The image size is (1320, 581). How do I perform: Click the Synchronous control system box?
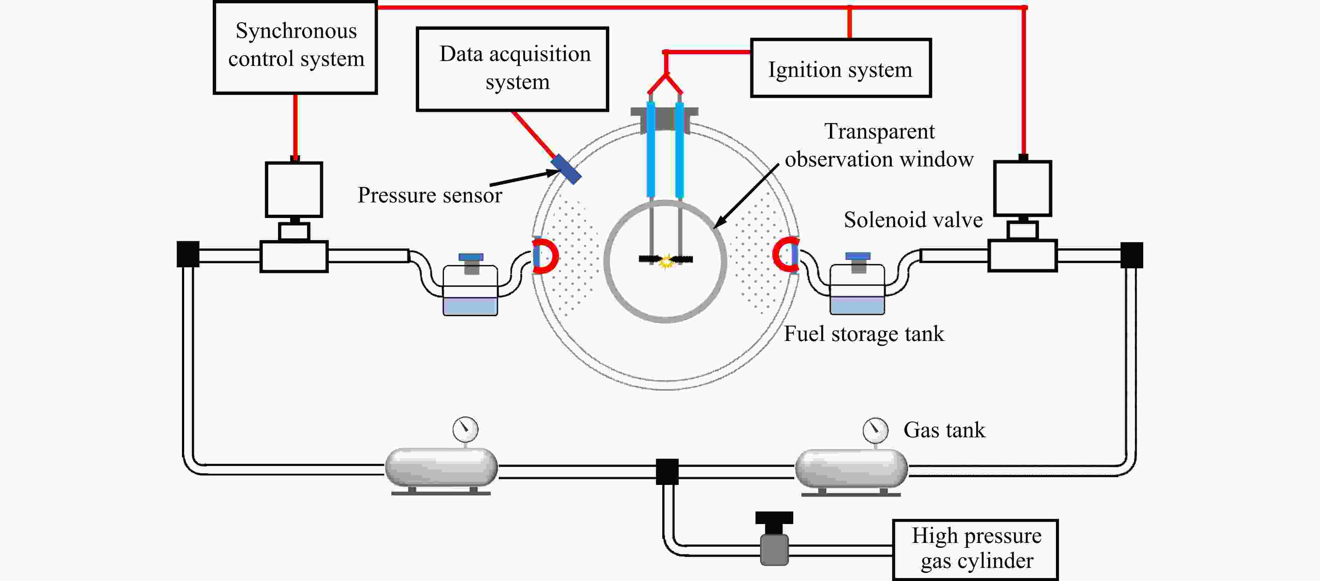(295, 47)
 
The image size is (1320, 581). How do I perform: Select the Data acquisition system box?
(512, 69)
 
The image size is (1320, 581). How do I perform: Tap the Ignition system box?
(840, 68)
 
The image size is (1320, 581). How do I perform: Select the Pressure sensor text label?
(429, 195)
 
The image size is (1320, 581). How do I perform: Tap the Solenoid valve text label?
(913, 220)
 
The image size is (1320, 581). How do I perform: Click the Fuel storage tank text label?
(863, 334)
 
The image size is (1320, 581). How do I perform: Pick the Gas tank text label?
(944, 430)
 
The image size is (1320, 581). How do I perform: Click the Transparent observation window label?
(879, 145)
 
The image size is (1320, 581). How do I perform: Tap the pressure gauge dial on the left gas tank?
(465, 429)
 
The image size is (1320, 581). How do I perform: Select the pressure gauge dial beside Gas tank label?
(875, 430)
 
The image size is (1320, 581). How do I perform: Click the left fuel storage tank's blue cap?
(471, 257)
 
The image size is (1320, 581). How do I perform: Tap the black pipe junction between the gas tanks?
(667, 471)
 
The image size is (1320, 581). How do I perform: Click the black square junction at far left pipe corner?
(188, 254)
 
